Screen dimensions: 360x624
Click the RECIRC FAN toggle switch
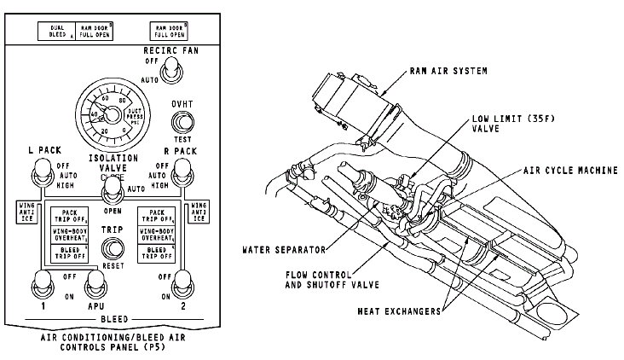pos(171,76)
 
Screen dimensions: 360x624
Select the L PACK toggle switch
pos(39,177)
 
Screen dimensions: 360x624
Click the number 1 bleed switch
pos(39,282)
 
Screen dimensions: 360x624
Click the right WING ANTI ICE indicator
pos(198,212)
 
